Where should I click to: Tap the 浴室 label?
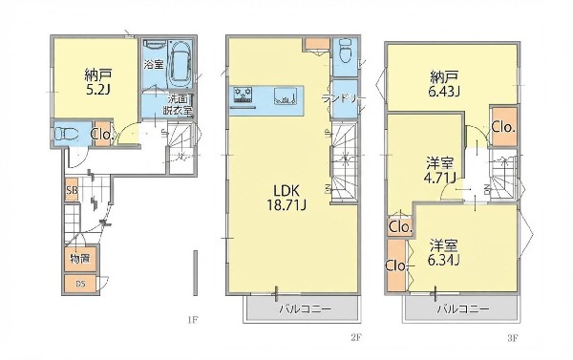click(153, 64)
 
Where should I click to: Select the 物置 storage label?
click(78, 259)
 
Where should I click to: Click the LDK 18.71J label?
click(277, 196)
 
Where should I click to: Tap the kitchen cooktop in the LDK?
click(243, 95)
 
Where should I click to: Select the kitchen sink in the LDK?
click(285, 95)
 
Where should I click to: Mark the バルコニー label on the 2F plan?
click(304, 309)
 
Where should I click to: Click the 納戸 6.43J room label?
click(445, 84)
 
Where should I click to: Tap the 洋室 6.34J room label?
click(444, 250)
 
